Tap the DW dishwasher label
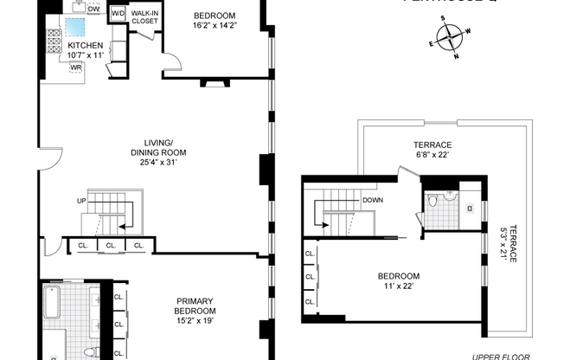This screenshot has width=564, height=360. coord(93,10)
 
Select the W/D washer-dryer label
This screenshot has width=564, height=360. coord(118,13)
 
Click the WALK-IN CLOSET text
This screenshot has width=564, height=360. coord(144,17)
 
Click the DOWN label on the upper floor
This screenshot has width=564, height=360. coord(373,199)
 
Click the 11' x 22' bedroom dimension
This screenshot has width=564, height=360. coord(399,287)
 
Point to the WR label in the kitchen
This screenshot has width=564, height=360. coord(76,67)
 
